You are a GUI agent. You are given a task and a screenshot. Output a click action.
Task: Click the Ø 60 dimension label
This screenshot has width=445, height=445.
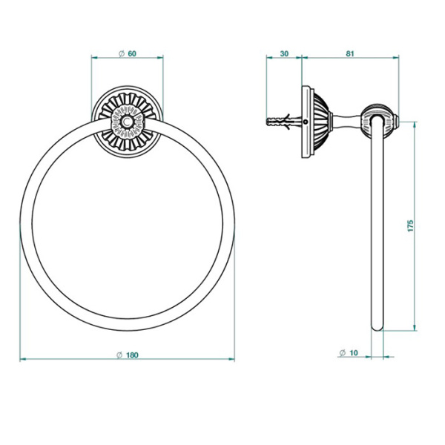[x=128, y=53]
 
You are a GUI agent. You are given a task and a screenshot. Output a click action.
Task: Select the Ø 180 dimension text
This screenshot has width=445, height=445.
[x=128, y=355]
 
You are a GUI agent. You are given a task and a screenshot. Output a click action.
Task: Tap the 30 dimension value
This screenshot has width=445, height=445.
[x=283, y=53]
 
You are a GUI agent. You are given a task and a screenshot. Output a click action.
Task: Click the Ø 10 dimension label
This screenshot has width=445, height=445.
[x=348, y=353]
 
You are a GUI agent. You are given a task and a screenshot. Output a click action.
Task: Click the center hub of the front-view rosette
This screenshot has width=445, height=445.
[x=128, y=120]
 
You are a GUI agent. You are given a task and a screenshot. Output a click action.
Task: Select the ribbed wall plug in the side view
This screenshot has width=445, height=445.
[x=280, y=120]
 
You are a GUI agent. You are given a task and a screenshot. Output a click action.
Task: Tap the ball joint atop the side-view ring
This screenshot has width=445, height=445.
[x=378, y=119]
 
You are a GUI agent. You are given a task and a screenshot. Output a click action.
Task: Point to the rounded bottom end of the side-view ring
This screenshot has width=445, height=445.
[x=378, y=328]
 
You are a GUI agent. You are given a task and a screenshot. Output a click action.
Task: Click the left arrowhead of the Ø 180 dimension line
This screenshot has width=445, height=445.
[x=22, y=360]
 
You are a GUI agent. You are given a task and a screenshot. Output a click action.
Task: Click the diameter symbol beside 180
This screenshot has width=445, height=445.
[x=119, y=355]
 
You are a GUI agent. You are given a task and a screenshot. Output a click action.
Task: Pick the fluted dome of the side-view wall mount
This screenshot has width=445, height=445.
[x=317, y=120]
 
